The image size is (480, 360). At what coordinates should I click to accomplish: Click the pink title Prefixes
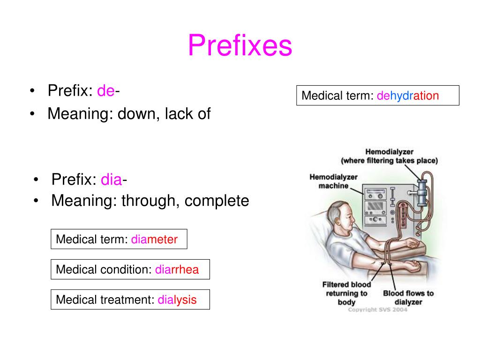click(240, 46)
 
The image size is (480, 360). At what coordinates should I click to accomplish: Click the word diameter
click(154, 240)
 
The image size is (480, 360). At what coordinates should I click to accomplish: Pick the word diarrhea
click(177, 270)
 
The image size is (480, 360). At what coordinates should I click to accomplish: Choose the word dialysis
click(177, 300)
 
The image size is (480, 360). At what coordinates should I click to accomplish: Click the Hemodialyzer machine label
click(333, 181)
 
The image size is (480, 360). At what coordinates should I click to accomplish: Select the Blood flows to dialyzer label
click(408, 298)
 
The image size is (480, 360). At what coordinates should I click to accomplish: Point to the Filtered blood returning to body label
click(346, 293)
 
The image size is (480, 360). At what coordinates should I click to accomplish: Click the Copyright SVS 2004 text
click(377, 310)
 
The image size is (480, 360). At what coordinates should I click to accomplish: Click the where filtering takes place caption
click(389, 160)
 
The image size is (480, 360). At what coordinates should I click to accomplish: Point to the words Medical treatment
click(105, 300)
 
